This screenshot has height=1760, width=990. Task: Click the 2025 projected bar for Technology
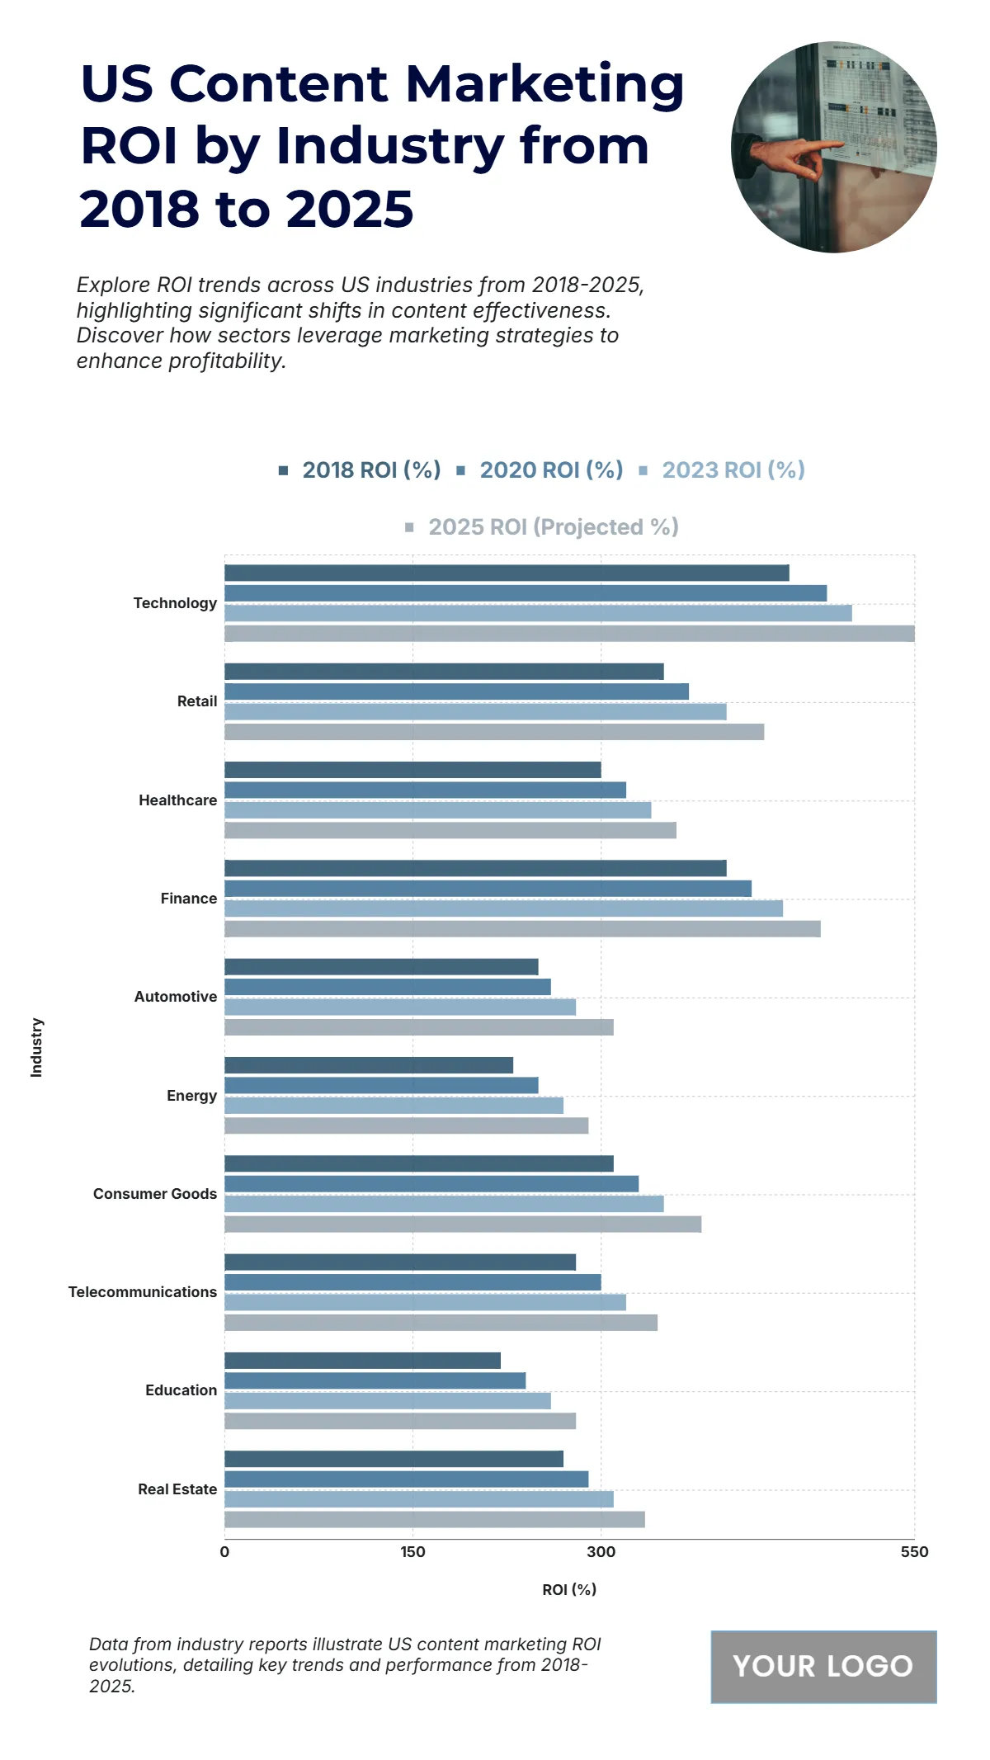tap(569, 634)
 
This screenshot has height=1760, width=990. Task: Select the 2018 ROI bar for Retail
tap(444, 672)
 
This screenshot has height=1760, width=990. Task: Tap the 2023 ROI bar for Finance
tap(503, 908)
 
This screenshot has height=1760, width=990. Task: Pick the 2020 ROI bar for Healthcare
tap(425, 790)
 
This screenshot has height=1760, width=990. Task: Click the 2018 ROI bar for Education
tap(362, 1361)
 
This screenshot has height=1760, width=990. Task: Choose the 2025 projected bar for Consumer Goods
tap(463, 1224)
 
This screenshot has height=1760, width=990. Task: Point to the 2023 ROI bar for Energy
tap(394, 1106)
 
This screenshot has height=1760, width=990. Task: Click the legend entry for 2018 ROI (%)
tap(361, 470)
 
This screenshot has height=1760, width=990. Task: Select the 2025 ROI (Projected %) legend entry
tap(542, 527)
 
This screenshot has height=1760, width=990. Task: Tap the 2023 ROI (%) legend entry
tap(723, 470)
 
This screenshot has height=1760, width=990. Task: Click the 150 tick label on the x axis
tap(412, 1552)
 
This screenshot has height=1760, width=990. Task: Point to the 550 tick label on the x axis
tap(914, 1552)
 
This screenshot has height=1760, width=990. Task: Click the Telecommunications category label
tap(143, 1292)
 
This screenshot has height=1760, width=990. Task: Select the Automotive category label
tap(176, 997)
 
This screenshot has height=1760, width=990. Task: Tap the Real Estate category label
tap(177, 1489)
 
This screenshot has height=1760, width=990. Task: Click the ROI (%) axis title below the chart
tap(569, 1590)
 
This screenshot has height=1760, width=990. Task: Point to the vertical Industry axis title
tap(36, 1047)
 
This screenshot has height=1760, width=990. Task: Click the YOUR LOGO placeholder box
tap(823, 1667)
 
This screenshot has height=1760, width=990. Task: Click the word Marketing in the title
tap(544, 84)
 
